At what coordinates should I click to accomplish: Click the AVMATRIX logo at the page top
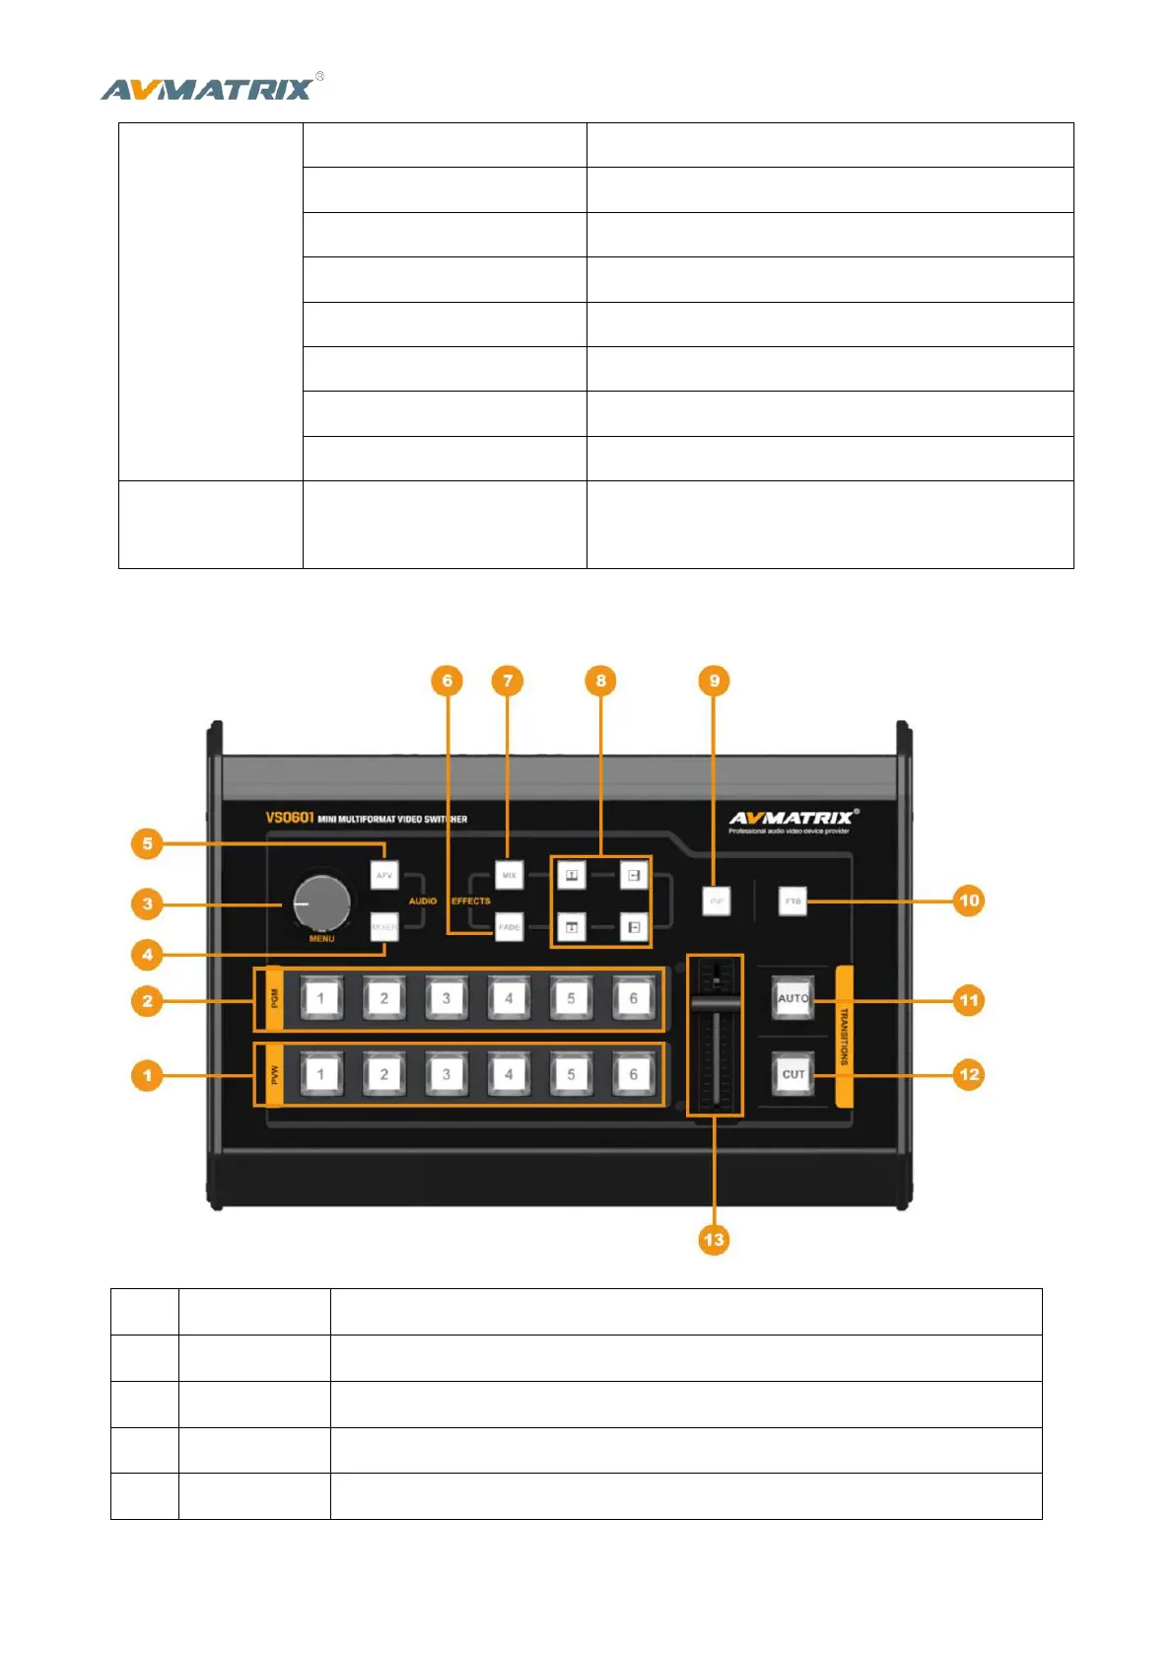[x=210, y=89]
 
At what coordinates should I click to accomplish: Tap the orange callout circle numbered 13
[x=714, y=1239]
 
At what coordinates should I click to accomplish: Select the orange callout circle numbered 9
[x=714, y=680]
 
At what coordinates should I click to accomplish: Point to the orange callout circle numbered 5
[x=147, y=843]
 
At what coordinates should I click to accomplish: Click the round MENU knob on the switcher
[x=320, y=903]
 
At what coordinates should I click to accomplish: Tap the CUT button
[x=794, y=1074]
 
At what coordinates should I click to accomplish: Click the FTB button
[x=793, y=902]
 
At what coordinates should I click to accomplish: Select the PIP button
[x=717, y=902]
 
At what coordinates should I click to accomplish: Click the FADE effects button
[x=509, y=927]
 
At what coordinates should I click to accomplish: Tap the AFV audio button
[x=383, y=875]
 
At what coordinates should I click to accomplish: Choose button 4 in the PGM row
[x=509, y=998]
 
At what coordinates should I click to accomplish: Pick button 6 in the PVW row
[x=633, y=1074]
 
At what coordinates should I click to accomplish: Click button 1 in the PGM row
[x=320, y=998]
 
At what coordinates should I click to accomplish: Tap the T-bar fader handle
[x=716, y=1003]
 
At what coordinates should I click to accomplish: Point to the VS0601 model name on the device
[x=289, y=818]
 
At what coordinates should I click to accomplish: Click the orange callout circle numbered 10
[x=969, y=901]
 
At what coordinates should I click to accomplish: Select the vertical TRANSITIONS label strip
[x=844, y=1036]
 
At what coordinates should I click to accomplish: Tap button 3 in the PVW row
[x=446, y=1074]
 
